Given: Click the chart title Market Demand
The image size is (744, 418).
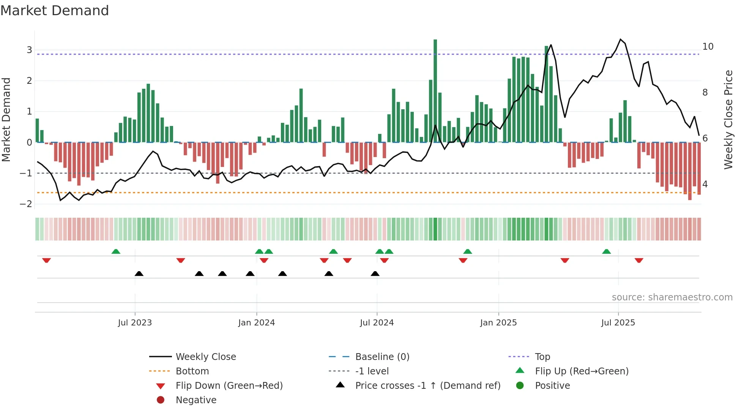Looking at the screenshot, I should tap(55, 11).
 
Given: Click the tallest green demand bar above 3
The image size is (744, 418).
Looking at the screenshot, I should tap(435, 91).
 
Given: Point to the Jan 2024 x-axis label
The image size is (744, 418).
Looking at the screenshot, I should tap(256, 323).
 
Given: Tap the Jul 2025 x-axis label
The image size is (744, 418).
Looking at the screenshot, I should tap(618, 323).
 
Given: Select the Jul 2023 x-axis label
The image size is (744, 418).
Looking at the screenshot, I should tap(134, 323).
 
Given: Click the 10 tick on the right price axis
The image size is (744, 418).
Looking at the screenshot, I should tap(708, 47).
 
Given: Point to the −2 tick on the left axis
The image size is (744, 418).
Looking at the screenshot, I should tap(26, 204).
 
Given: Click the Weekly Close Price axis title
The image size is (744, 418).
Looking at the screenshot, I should tap(728, 119).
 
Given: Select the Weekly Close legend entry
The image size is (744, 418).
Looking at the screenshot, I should tap(205, 357).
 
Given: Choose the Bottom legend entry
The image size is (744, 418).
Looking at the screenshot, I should tap(192, 371).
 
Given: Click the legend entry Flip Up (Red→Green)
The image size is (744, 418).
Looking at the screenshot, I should tap(582, 371).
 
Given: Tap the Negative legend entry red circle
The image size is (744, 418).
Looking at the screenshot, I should tap(161, 400).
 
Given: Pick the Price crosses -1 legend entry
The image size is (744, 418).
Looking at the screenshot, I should tap(427, 386).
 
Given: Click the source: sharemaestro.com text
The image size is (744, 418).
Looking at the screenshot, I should tap(672, 297).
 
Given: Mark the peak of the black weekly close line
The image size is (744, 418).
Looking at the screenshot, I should tap(620, 39).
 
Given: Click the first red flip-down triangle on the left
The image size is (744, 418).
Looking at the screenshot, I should tap(46, 260).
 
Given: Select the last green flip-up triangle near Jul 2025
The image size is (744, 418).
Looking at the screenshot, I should tap(606, 251).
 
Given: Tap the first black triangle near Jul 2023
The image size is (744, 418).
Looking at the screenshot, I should tap(139, 273).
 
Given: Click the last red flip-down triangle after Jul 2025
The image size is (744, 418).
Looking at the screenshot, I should tap(638, 260).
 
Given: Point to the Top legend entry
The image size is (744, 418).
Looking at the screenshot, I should tap(542, 357).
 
